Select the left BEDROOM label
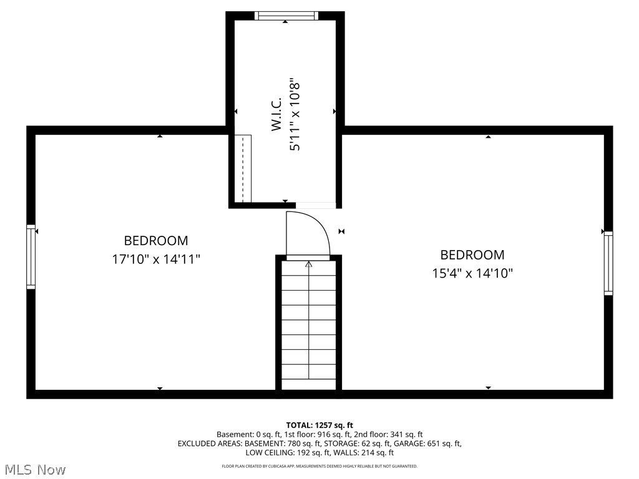pyautogui.click(x=155, y=241)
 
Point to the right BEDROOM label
pyautogui.click(x=472, y=255)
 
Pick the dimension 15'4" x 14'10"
pyautogui.click(x=472, y=273)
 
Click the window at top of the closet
pyautogui.click(x=285, y=16)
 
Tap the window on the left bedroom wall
pyautogui.click(x=31, y=257)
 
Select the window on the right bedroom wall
pyautogui.click(x=608, y=263)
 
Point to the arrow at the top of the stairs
pyautogui.click(x=308, y=265)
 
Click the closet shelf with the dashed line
pyautogui.click(x=243, y=168)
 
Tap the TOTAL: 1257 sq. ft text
pyautogui.click(x=319, y=425)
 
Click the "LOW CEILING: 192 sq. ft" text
pyautogui.click(x=283, y=453)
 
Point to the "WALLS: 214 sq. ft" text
pyautogui.click(x=364, y=453)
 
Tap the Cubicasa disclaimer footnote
pyautogui.click(x=319, y=467)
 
